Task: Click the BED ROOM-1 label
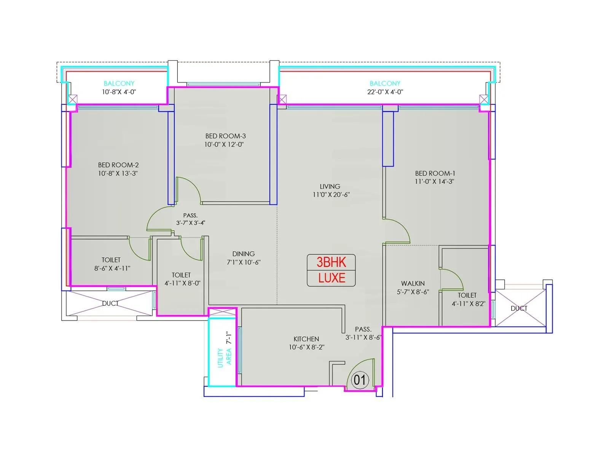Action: click(435, 173)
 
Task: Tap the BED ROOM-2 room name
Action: click(118, 165)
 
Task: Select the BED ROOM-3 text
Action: click(225, 136)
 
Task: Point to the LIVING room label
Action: click(330, 187)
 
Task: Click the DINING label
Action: click(243, 254)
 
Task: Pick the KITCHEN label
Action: click(306, 339)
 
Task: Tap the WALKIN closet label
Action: click(413, 284)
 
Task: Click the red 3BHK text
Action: click(331, 262)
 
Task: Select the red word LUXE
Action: click(332, 278)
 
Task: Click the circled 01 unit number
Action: click(360, 380)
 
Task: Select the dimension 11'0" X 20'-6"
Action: click(331, 195)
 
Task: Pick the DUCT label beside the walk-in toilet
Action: click(519, 308)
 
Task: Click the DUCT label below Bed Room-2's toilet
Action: click(110, 304)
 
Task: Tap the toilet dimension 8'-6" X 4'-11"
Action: click(112, 268)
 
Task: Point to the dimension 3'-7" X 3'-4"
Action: click(190, 223)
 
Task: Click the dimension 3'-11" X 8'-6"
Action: click(363, 337)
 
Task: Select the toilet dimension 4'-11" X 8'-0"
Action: click(182, 283)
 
